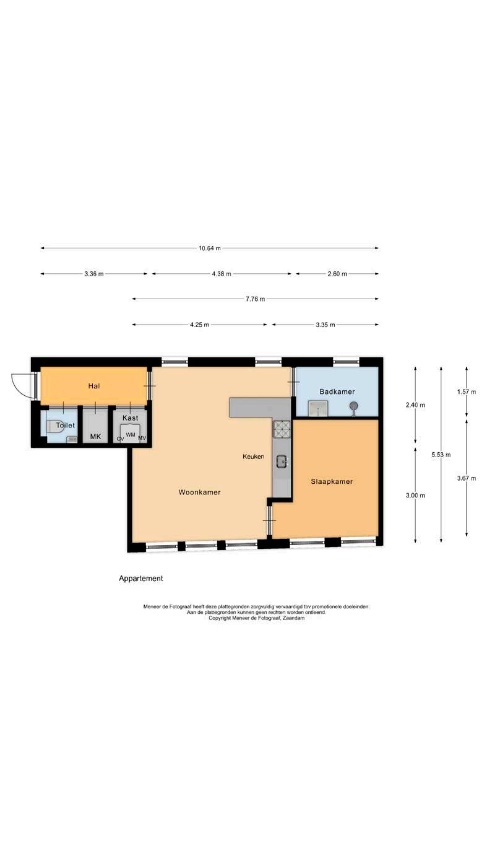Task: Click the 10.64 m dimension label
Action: coord(210,248)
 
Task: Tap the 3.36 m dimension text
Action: coord(94,274)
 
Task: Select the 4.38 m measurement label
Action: coord(222,274)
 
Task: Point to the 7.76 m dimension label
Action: coord(256,299)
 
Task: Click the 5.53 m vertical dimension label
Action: coord(441,455)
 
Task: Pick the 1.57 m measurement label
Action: coord(467,391)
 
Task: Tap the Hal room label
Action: coord(94,386)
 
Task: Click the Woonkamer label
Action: coord(199,492)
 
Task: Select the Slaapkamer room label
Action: coord(332,481)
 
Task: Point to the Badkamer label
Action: coord(337,391)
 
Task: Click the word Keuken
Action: coord(253,457)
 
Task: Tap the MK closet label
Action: coord(95,437)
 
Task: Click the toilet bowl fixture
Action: coord(54,426)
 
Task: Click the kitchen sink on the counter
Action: coord(282,461)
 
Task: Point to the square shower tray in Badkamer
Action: coord(318,408)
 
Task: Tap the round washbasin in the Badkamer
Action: coord(353,406)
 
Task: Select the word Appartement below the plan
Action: coord(141,579)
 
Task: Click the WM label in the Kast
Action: coord(131,435)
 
